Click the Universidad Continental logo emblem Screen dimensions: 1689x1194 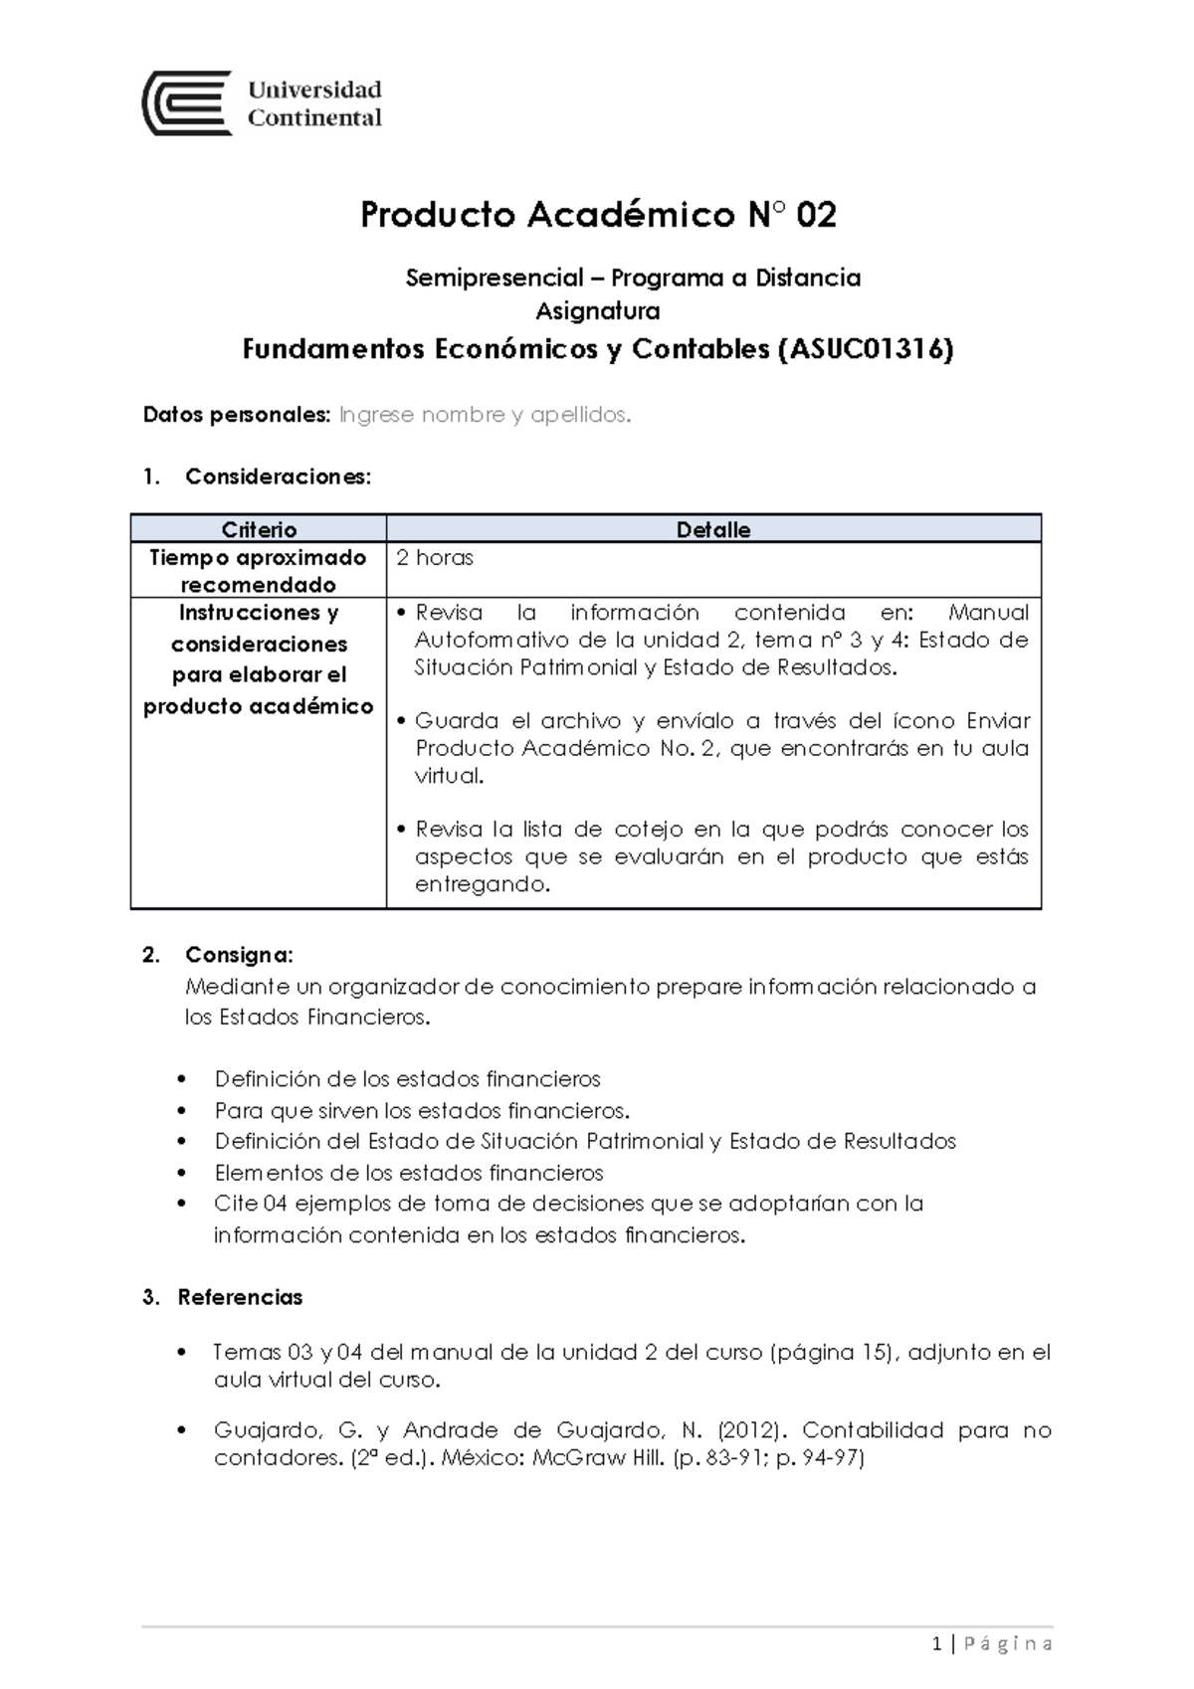point(187,102)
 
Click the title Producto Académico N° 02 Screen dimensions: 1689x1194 point(598,215)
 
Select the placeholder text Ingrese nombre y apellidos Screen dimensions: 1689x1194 point(485,415)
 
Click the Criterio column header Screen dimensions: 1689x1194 point(259,529)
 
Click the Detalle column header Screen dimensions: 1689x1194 point(713,529)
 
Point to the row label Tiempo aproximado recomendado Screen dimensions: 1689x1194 point(258,571)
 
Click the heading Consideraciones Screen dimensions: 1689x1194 point(277,476)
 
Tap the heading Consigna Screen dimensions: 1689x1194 point(239,955)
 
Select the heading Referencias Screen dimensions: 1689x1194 point(240,1297)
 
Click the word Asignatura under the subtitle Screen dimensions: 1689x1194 point(598,311)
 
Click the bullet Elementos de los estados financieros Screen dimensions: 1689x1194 point(409,1173)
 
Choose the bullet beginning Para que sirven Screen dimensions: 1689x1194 point(422,1110)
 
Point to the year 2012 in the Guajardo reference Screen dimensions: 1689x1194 point(741,1430)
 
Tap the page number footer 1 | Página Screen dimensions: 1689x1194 point(993,1644)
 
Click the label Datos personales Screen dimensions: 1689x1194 point(235,415)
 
